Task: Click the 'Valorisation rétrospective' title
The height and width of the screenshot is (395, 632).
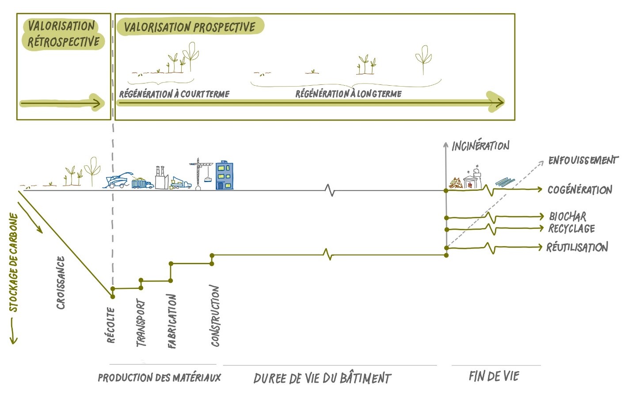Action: pos(62,34)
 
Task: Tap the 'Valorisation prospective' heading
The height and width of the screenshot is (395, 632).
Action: pos(190,27)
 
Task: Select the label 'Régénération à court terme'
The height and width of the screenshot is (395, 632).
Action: pos(174,94)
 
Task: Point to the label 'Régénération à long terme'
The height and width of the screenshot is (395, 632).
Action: pos(348,94)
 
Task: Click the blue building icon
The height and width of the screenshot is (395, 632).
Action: pos(224,175)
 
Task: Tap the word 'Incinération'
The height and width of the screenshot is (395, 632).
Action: pos(480,145)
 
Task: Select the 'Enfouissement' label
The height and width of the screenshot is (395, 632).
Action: pos(583,160)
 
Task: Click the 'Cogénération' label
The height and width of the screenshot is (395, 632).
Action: pos(579,190)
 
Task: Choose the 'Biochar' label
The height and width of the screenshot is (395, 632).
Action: pos(567,216)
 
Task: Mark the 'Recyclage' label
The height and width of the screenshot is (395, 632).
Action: pos(571,228)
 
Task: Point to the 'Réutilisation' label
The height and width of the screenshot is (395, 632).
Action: pos(577,247)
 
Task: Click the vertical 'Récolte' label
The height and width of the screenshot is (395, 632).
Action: pos(111,325)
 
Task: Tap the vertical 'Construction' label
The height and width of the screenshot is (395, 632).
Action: pos(215,315)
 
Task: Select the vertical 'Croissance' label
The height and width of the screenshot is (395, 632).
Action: pos(61,283)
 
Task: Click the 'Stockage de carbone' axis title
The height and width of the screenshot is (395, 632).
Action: pos(14,263)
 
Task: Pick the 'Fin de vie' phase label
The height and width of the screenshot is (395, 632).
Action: pos(494,376)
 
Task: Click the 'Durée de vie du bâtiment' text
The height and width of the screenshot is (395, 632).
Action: pos(322,378)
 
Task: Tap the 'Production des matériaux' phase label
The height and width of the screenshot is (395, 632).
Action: pos(159,378)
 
